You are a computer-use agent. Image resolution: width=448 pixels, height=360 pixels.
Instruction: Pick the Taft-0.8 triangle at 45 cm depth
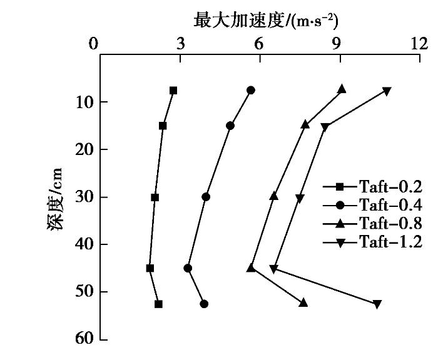(251, 267)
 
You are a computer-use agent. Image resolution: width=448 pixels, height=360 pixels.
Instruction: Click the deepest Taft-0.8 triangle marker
(303, 302)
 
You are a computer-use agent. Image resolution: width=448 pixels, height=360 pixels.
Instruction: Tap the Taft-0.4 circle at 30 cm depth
(206, 197)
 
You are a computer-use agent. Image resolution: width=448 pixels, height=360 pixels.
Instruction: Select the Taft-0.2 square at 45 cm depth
(150, 268)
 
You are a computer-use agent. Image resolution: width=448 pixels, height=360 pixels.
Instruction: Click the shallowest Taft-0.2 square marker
(173, 91)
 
